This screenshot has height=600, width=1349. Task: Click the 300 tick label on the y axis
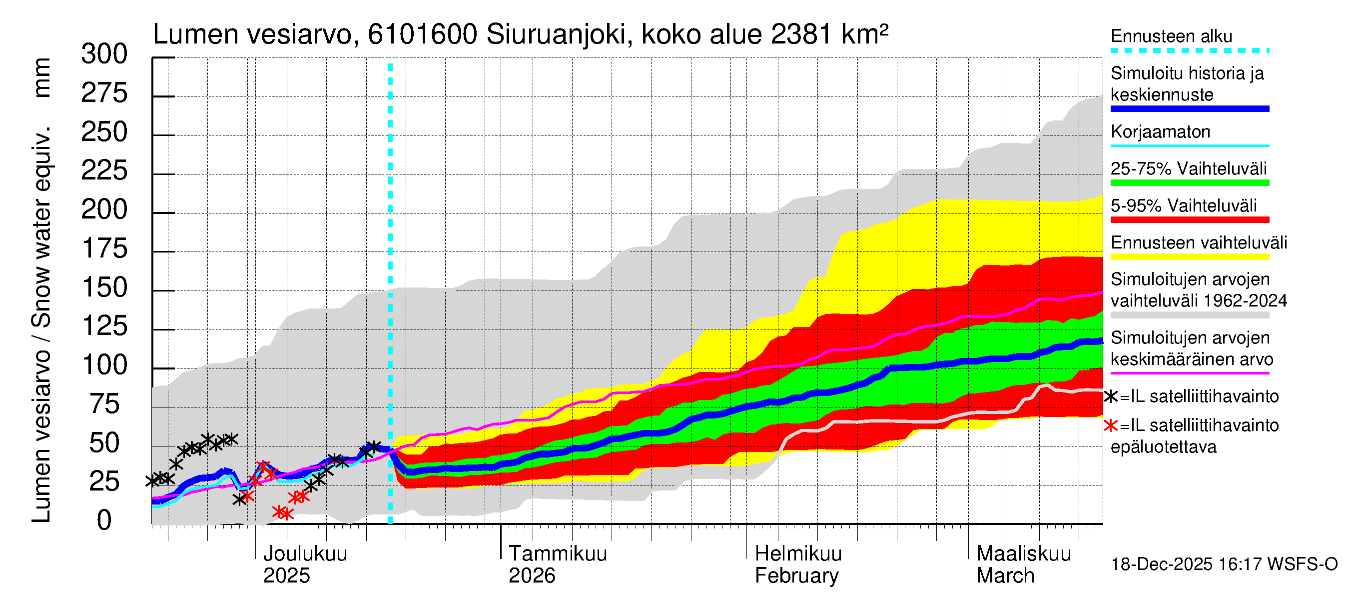click(x=104, y=54)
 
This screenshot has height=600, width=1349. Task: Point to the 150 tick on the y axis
click(x=104, y=287)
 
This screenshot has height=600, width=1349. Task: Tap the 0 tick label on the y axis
click(x=104, y=520)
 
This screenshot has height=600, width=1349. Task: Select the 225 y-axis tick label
click(x=104, y=171)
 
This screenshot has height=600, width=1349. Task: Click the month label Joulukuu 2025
click(x=304, y=564)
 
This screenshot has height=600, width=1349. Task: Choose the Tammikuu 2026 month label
click(x=557, y=564)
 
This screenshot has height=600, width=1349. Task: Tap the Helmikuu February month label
click(x=797, y=564)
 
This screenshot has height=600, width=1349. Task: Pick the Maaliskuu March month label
click(x=1023, y=564)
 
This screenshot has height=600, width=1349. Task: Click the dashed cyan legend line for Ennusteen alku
click(x=1189, y=51)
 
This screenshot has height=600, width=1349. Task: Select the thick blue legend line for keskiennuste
click(x=1189, y=109)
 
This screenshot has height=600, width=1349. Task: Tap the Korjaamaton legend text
click(x=1160, y=131)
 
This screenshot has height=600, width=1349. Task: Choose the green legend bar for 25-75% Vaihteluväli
click(x=1189, y=183)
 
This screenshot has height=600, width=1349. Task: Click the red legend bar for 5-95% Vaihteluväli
click(x=1189, y=220)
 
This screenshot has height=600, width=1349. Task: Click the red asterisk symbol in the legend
click(x=1110, y=425)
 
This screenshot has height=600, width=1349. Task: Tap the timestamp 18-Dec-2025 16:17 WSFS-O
click(x=1224, y=564)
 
